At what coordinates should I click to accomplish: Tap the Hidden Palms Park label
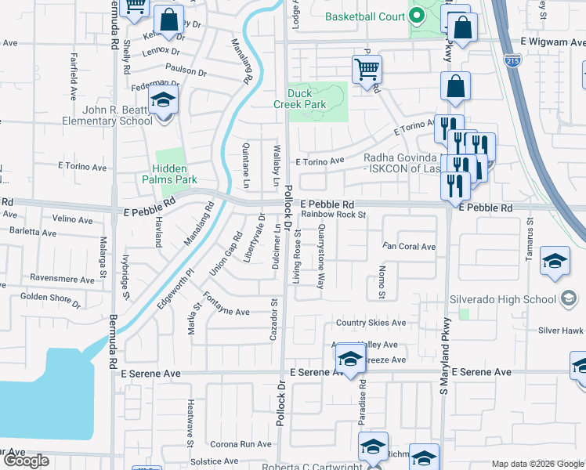[x=170, y=174]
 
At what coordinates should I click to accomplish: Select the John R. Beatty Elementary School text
[x=115, y=115]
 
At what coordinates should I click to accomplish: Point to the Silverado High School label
[x=502, y=299]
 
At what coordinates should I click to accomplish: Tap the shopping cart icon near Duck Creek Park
[x=367, y=70]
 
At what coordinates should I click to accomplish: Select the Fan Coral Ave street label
[x=408, y=247]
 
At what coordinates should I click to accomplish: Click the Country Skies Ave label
[x=371, y=323]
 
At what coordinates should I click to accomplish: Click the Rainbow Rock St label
[x=334, y=214]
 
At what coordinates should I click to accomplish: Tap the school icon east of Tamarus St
[x=555, y=261]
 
